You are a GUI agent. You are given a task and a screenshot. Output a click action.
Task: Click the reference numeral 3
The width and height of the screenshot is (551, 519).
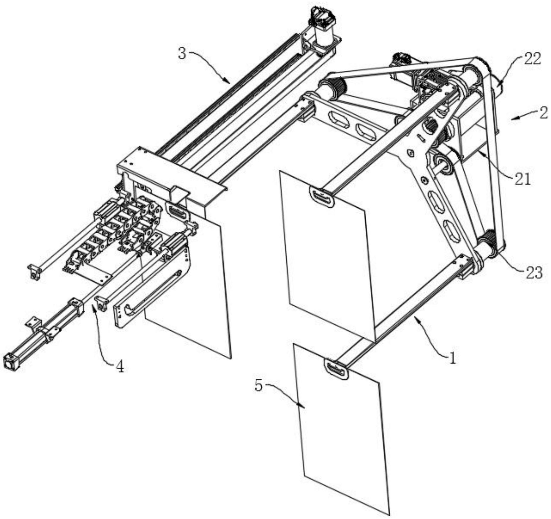point(182,54)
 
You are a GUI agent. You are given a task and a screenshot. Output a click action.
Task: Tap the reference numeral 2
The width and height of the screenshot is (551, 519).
point(543,113)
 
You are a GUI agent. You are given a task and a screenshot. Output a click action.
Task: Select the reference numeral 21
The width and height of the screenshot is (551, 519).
point(522,179)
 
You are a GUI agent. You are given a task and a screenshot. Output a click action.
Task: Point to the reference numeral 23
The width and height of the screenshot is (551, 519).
point(534,272)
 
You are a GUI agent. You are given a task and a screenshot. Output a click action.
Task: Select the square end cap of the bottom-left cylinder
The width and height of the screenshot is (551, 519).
point(10,362)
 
